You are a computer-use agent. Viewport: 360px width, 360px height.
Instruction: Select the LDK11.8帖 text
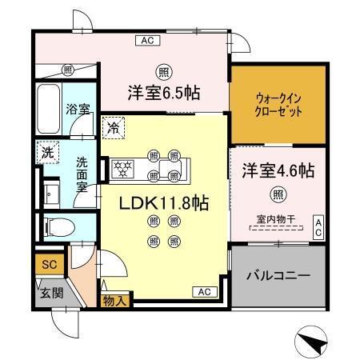click(165, 204)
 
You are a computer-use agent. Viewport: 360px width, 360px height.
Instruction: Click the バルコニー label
click(278, 275)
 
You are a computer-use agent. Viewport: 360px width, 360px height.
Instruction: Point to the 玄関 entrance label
click(46, 294)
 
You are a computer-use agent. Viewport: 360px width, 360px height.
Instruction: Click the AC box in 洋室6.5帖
click(146, 39)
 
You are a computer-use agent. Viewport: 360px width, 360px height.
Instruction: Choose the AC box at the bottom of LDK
click(202, 292)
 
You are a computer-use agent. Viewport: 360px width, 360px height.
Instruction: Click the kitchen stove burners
click(124, 169)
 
